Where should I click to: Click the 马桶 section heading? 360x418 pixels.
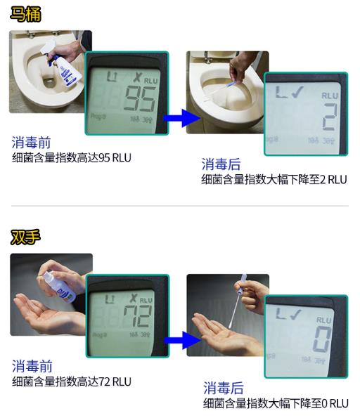click(25, 13)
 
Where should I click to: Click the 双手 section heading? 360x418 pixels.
click(25, 237)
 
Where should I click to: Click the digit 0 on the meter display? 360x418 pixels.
click(322, 339)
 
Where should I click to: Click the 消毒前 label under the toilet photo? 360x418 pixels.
click(32, 143)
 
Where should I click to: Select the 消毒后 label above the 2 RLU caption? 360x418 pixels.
click(221, 164)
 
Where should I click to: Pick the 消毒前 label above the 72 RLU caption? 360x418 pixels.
click(32, 366)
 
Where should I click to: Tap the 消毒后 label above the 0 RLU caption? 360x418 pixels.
click(223, 388)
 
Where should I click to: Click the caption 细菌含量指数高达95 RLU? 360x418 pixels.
click(71, 157)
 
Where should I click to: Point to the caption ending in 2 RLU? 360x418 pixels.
click(274, 179)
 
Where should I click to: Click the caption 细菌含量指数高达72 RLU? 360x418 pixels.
click(71, 381)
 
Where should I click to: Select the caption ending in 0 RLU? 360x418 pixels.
click(275, 403)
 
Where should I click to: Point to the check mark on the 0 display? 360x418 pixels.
click(295, 314)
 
